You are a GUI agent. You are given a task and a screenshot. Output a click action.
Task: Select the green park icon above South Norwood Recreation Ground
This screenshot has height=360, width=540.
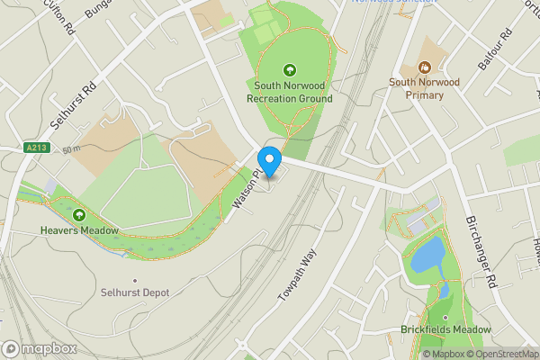pos(289,69)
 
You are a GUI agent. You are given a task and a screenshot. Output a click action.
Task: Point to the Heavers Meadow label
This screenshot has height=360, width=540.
pos(79,230)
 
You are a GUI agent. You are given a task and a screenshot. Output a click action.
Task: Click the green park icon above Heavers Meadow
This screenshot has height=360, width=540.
pos(79,215)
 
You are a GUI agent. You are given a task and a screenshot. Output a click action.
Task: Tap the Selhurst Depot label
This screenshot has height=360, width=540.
pos(135,292)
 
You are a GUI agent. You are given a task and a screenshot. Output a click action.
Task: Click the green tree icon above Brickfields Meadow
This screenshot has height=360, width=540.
pos(445,316)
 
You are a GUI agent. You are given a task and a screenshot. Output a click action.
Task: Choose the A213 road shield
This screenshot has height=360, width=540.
pos(37,148)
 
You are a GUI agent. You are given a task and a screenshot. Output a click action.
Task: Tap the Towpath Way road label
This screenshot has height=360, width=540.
pos(293,272)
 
